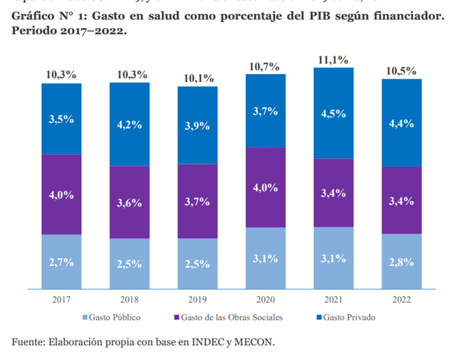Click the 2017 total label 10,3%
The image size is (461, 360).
(x=62, y=75)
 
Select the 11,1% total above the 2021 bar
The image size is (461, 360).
(x=334, y=60)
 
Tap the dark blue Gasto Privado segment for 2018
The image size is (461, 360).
(x=129, y=124)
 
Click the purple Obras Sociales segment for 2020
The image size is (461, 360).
(x=265, y=187)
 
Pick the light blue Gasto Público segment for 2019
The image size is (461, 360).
(x=198, y=263)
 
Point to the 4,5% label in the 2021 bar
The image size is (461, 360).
(x=334, y=112)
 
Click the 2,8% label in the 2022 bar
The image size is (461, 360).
(x=401, y=262)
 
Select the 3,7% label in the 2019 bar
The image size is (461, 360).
(x=198, y=201)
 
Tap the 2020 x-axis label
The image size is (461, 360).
(x=265, y=299)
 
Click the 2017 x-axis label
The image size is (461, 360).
(x=62, y=299)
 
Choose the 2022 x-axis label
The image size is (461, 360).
(x=401, y=299)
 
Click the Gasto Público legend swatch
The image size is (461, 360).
(x=86, y=318)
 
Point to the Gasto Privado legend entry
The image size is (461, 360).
(x=349, y=318)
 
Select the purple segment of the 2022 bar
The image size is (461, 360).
(x=401, y=200)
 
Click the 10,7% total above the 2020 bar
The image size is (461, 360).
(x=265, y=66)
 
